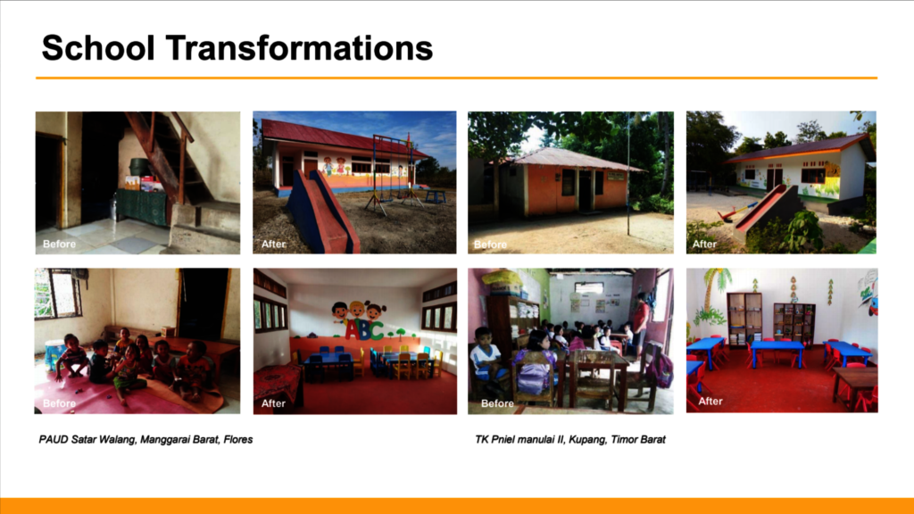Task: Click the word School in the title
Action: coord(98,48)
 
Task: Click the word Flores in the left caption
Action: coord(238,439)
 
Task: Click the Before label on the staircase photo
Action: coord(59,244)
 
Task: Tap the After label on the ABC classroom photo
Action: coord(273,403)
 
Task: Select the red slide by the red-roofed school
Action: coord(320,212)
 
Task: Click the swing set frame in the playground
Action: coord(394,172)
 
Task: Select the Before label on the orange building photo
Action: coord(490,245)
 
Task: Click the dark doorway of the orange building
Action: coord(585,191)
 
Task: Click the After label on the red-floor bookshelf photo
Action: coord(710,401)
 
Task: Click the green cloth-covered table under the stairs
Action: coord(142,207)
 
